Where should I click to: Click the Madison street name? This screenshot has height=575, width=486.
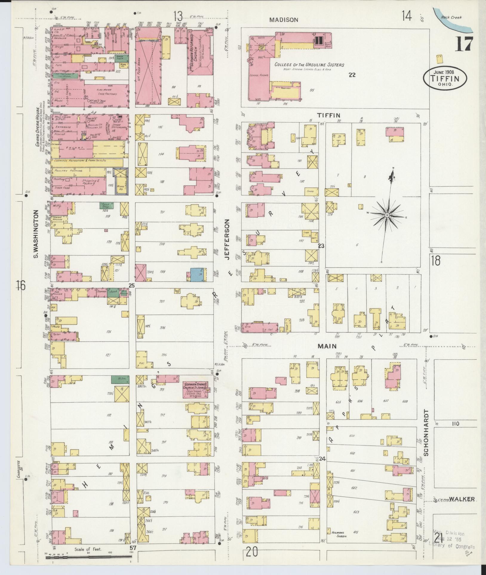284,20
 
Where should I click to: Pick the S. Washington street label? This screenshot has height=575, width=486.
36,234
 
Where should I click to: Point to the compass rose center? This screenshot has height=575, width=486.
387,215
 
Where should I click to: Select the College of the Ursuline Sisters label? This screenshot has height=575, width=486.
309,65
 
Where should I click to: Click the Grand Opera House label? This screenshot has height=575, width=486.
38,126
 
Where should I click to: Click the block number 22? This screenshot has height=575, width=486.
352,75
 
